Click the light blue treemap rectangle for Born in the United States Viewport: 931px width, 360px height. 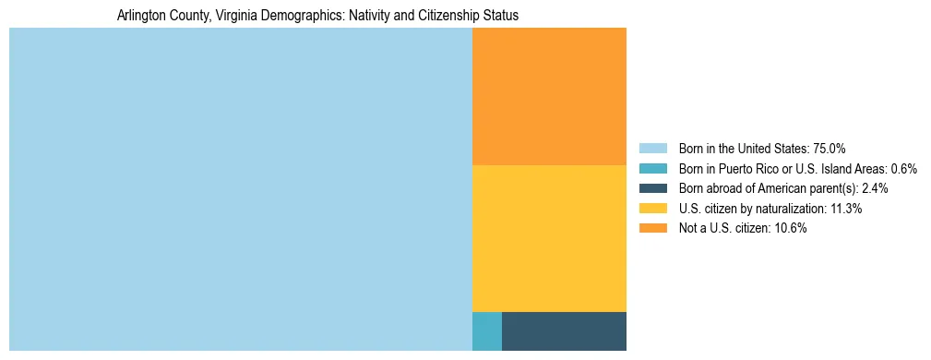pos(240,189)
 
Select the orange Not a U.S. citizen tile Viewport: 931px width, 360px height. pos(549,96)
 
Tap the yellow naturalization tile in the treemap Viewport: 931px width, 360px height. pos(549,238)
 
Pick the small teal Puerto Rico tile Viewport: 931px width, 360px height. pos(486,331)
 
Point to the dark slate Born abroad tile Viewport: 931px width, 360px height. pos(564,331)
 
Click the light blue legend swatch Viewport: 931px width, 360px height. pos(652,149)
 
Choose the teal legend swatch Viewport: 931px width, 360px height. pos(652,169)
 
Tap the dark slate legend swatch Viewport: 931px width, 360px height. pos(652,188)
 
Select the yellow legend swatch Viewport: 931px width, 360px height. pos(652,209)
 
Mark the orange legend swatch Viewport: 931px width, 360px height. pos(652,228)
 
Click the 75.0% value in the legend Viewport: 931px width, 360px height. pos(829,149)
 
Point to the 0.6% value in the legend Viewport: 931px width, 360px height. pos(903,169)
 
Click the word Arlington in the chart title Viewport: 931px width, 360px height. pos(142,16)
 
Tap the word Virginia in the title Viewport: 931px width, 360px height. pos(236,16)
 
